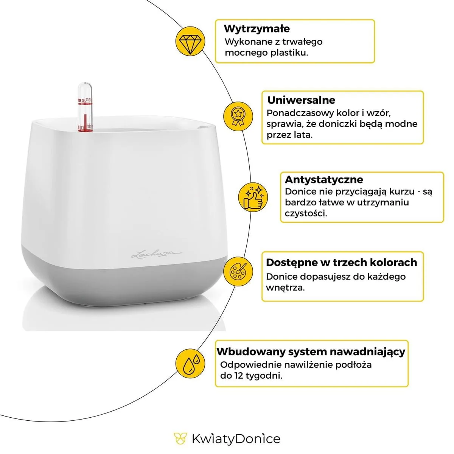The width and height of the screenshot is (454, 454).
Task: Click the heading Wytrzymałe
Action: click(x=257, y=29)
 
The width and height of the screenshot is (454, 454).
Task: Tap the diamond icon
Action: click(x=190, y=42)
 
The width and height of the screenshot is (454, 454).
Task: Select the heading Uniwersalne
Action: click(x=301, y=100)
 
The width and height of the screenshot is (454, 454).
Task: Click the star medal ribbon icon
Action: click(x=238, y=117)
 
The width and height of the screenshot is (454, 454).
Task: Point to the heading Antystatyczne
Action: click(x=324, y=180)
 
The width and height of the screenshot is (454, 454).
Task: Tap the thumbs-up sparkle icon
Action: click(x=253, y=197)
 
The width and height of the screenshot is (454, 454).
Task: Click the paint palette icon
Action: click(x=238, y=271)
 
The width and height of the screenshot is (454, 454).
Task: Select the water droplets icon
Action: click(x=190, y=363)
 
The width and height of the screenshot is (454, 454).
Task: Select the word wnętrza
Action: click(x=285, y=288)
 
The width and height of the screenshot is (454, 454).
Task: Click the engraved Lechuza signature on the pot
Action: click(x=156, y=255)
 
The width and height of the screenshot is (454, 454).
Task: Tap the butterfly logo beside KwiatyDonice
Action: click(x=180, y=438)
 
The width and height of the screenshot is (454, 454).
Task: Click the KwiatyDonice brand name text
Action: click(x=236, y=439)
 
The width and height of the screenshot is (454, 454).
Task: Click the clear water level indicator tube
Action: click(x=85, y=106)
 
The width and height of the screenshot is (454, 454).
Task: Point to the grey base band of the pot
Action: click(x=124, y=278)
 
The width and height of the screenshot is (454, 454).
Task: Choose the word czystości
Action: click(x=306, y=213)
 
